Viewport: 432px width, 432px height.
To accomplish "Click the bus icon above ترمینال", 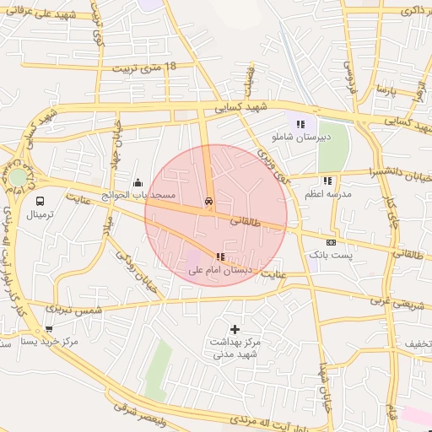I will tap(40, 201).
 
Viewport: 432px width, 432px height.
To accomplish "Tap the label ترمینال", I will tap(40, 215).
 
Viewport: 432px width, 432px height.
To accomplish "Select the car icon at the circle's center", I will tap(208, 202).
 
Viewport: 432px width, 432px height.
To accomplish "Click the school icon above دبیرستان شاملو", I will tap(301, 124).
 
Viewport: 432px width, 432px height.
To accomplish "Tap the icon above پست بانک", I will tap(331, 242).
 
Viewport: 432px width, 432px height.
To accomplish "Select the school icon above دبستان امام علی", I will tap(220, 256).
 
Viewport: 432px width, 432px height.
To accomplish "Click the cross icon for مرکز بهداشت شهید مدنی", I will tap(235, 328).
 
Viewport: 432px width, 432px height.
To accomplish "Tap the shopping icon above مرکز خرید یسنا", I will tap(49, 329).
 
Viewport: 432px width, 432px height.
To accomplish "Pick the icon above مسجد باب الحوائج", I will tap(138, 182).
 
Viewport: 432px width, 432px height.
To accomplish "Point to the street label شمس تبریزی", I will tap(76, 309).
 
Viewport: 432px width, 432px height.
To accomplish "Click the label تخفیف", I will tap(417, 344).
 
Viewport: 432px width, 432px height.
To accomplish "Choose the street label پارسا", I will tap(386, 89).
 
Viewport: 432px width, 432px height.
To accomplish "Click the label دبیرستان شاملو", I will tap(300, 136).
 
